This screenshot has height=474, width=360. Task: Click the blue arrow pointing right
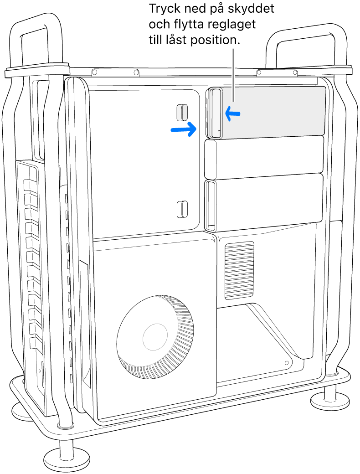183,129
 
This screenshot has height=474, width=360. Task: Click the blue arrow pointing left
232,114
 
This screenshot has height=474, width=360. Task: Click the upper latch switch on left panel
182,112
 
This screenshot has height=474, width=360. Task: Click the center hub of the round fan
156,338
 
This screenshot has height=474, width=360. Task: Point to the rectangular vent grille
238,270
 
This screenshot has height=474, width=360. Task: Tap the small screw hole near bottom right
286,363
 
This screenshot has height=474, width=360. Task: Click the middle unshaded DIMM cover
264,158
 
